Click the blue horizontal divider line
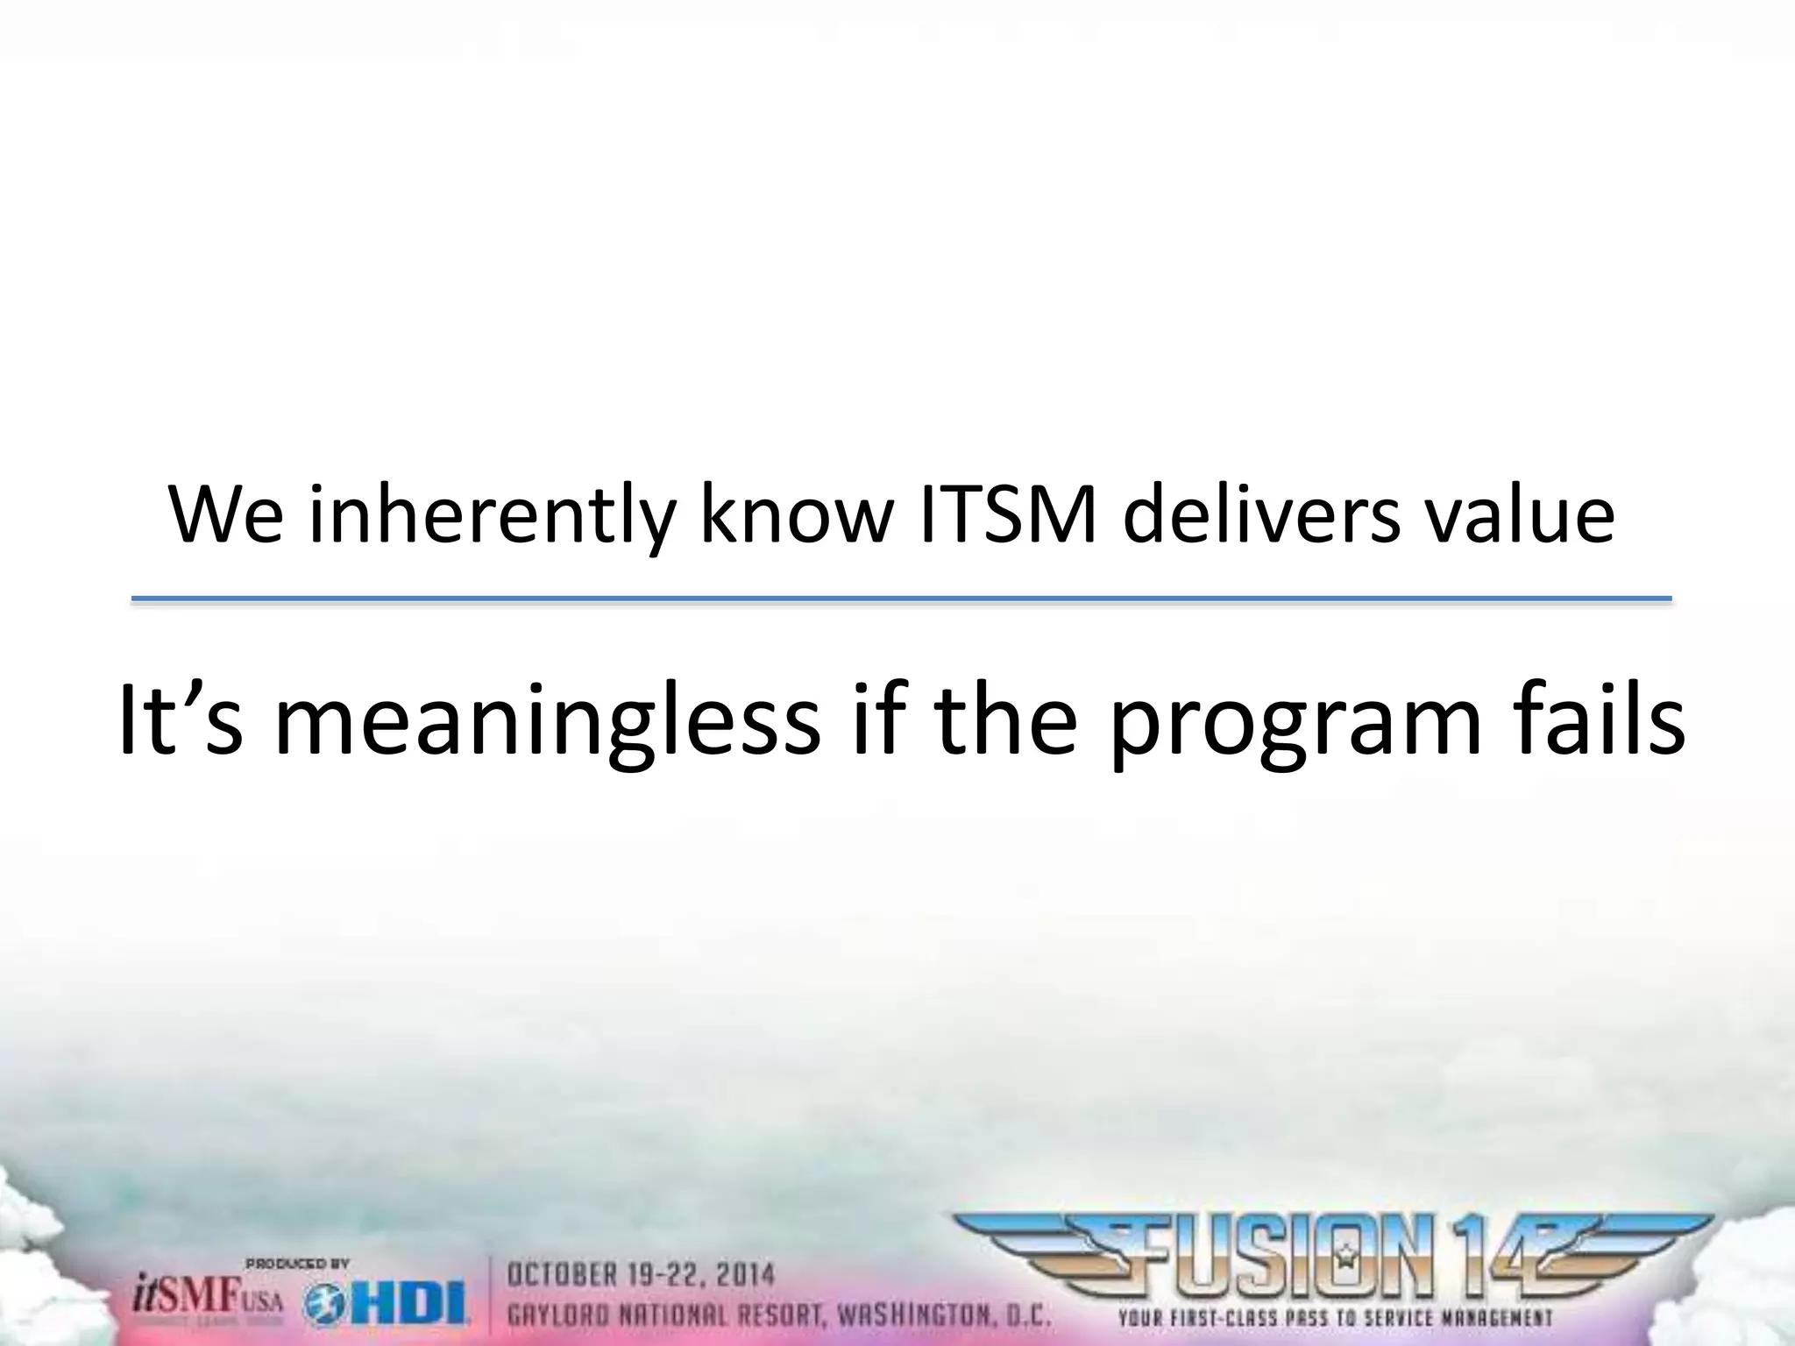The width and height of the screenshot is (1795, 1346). tap(901, 599)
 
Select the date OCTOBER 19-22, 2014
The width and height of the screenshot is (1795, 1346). tap(642, 1273)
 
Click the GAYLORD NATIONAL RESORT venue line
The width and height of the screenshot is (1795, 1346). tap(780, 1314)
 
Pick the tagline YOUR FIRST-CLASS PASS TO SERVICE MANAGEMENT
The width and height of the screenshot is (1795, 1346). tap(1335, 1317)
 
